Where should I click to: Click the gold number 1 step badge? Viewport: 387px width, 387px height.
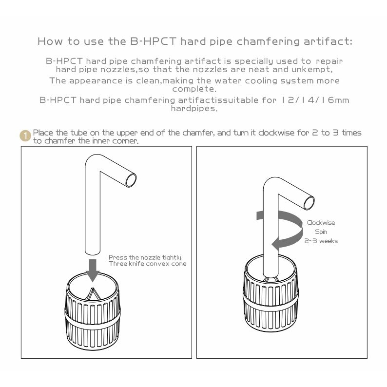pos(25,136)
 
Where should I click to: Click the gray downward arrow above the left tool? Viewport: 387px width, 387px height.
pos(93,271)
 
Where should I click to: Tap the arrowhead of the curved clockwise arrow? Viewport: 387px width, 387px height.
pos(276,244)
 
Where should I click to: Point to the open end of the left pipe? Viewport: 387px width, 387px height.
pos(131,180)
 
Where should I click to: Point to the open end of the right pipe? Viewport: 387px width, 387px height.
pos(309,203)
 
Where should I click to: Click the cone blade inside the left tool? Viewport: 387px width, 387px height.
pos(92,294)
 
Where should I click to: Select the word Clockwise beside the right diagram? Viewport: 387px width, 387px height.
pos(321,223)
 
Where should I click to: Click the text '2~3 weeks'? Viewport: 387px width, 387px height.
pos(321,241)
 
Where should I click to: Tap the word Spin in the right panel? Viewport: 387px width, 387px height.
pos(321,232)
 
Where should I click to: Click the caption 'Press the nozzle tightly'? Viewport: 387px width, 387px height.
pos(145,257)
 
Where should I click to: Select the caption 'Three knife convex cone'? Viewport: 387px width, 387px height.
pos(148,264)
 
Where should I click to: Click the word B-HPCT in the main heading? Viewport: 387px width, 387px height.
pos(153,41)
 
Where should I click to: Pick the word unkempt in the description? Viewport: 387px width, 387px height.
pos(312,69)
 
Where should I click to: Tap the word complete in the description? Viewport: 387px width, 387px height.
pos(194,89)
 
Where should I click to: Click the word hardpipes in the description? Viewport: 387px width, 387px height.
pos(194,109)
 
